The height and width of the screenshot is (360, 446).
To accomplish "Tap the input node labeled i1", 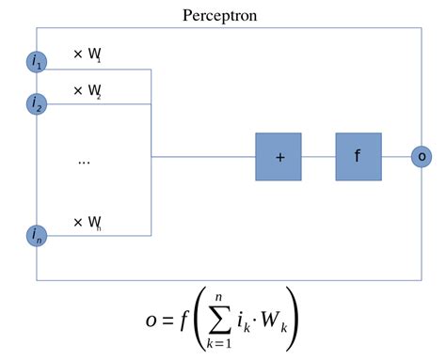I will tap(37, 62).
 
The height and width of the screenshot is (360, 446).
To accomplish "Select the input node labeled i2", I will tap(37, 102).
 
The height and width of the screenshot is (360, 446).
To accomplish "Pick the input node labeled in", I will tap(37, 235).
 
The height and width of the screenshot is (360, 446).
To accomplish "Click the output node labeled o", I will tap(422, 156).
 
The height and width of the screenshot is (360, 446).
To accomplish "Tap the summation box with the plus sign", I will tap(279, 156).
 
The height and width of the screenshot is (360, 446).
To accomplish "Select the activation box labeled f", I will tap(358, 156).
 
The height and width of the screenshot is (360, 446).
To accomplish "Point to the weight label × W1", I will tap(88, 55).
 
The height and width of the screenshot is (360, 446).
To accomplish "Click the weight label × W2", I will tap(88, 91).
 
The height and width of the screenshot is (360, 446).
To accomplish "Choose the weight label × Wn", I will tap(88, 223).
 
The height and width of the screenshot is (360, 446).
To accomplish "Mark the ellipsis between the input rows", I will tap(84, 162).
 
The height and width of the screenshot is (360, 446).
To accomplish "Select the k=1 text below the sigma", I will tap(222, 346).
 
